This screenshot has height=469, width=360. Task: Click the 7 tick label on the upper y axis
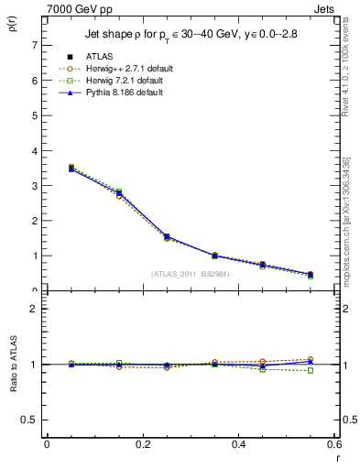(x=33, y=45)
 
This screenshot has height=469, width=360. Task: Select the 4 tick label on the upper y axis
(x=33, y=151)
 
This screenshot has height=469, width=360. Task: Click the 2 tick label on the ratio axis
(x=33, y=310)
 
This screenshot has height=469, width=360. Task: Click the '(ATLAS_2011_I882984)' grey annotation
(x=191, y=274)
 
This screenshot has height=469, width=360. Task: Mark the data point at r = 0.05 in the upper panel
(x=71, y=169)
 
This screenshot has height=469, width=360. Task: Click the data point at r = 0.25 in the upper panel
(x=167, y=237)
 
